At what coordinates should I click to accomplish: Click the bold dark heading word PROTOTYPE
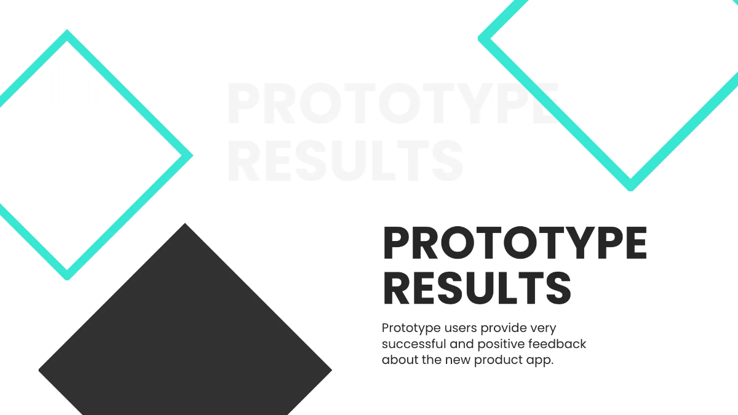coord(515,243)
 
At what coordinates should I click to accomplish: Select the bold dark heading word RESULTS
coord(477,287)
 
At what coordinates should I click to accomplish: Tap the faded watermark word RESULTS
coord(344,160)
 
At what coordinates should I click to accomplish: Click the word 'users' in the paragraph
coord(459,328)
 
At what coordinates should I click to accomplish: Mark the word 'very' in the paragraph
coord(542,328)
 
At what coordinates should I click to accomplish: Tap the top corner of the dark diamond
coord(185,225)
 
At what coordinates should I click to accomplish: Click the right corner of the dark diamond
coord(330,370)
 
